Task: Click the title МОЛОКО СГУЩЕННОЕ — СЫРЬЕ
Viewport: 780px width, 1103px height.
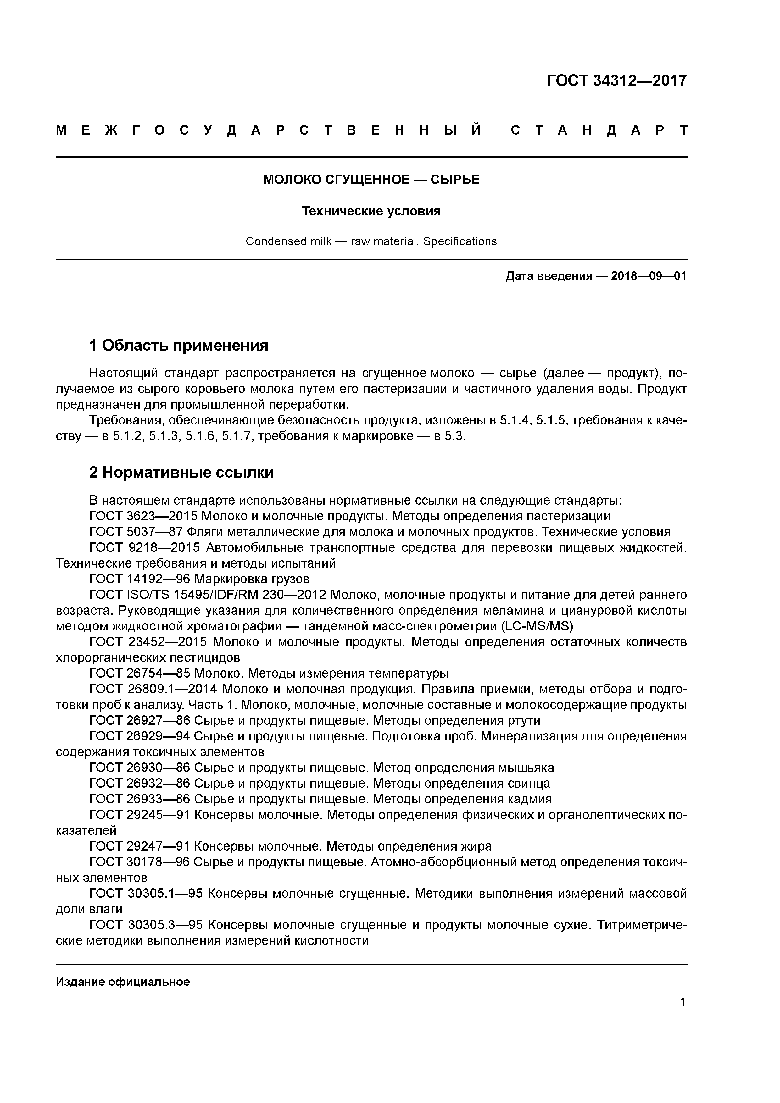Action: click(x=371, y=180)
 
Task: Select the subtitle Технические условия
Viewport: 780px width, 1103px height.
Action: click(x=371, y=211)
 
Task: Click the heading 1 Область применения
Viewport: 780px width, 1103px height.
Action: click(x=179, y=345)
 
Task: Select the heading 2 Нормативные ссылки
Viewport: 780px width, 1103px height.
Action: click(x=182, y=472)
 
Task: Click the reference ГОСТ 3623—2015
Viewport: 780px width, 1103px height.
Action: click(x=143, y=516)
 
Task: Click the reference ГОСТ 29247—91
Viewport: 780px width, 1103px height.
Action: click(x=140, y=846)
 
